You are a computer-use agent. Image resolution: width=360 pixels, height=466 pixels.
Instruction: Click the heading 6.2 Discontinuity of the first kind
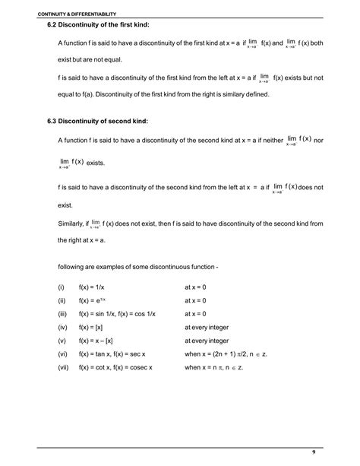coord(97,27)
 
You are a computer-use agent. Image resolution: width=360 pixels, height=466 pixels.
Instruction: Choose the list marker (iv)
coord(62,328)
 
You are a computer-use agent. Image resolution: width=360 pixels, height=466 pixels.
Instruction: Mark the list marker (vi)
coord(62,354)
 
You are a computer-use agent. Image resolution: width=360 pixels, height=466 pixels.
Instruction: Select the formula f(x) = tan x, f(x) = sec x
coord(117,354)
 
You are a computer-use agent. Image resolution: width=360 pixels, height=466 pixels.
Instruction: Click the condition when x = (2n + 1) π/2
coord(220,354)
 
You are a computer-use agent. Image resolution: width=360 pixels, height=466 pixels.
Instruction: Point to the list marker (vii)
coord(63,367)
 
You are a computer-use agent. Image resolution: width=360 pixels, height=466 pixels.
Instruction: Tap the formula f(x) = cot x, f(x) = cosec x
coord(120,367)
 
